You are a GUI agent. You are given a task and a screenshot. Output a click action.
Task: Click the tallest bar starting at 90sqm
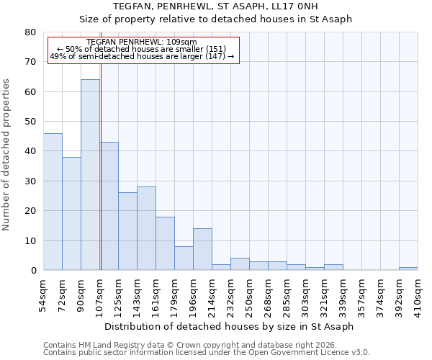90,175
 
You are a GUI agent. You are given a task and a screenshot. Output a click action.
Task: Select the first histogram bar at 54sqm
53,202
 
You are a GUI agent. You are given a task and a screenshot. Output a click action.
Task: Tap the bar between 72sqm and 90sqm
71,214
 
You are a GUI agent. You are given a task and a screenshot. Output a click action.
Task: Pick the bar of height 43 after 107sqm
109,206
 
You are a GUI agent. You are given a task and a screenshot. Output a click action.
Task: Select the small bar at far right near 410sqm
408,269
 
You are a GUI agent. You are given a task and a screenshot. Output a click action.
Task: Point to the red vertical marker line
101,180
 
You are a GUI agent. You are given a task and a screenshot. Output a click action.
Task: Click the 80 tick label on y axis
30,32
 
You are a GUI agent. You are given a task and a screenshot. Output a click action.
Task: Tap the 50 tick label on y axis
30,122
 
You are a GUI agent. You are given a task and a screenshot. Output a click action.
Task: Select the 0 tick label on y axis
32,271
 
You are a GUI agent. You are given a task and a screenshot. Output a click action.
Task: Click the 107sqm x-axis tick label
99,293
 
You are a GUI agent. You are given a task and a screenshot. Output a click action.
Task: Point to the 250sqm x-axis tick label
249,293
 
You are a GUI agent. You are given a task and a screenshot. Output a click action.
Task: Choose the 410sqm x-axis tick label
418,293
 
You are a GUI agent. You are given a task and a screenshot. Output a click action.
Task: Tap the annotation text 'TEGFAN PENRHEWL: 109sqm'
141,42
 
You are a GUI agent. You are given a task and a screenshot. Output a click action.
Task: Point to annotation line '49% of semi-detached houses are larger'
141,56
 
